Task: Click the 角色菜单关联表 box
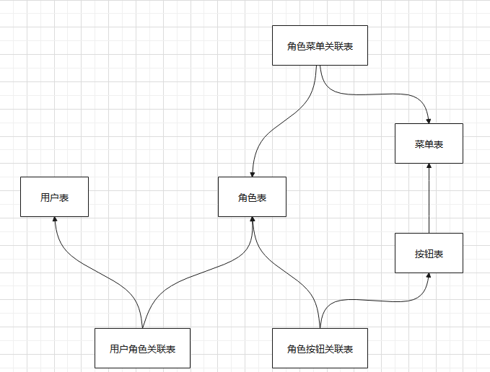tap(320, 45)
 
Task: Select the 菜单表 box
tap(429, 143)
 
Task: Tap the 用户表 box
tap(54, 197)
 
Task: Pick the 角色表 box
tap(252, 197)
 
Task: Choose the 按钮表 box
tap(429, 253)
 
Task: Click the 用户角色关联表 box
tap(142, 349)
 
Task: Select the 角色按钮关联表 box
tap(320, 349)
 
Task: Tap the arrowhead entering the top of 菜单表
tap(429, 119)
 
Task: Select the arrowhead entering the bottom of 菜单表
tap(429, 167)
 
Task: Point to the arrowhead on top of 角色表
tap(252, 173)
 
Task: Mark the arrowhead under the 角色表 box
tap(252, 221)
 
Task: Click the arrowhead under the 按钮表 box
tap(429, 278)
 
